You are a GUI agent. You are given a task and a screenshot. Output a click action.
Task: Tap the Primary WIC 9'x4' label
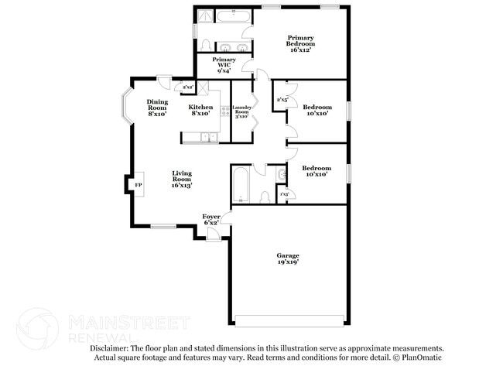point(224,65)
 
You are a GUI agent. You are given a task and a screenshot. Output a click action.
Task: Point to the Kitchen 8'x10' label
point(201,111)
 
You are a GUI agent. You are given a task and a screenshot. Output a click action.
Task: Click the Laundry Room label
point(242,111)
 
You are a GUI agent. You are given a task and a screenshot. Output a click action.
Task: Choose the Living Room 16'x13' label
point(182,180)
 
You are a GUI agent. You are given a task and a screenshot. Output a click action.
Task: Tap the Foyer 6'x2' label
point(211,219)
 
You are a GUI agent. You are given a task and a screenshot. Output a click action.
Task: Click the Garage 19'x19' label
point(288,258)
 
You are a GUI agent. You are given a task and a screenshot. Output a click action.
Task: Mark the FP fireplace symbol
point(139,186)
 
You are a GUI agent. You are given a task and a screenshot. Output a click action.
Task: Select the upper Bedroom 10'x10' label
point(317,110)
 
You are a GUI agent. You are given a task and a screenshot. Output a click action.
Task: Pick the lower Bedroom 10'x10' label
point(317,171)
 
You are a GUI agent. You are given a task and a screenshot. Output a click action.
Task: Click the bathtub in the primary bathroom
point(232,15)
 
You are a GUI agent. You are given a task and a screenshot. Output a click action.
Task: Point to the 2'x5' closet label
point(282,100)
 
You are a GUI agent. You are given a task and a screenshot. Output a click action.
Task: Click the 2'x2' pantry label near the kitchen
point(188,87)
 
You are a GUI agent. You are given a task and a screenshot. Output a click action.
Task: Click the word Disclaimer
point(112,349)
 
